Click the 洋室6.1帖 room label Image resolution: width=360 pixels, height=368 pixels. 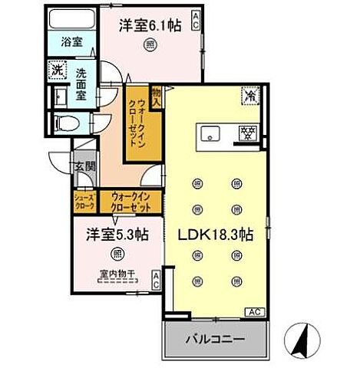(150, 25)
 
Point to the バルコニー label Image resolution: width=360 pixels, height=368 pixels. (214, 338)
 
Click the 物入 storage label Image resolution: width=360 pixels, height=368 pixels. (157, 96)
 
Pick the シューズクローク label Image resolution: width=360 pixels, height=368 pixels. (83, 201)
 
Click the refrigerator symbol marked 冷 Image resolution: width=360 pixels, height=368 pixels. (251, 95)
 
